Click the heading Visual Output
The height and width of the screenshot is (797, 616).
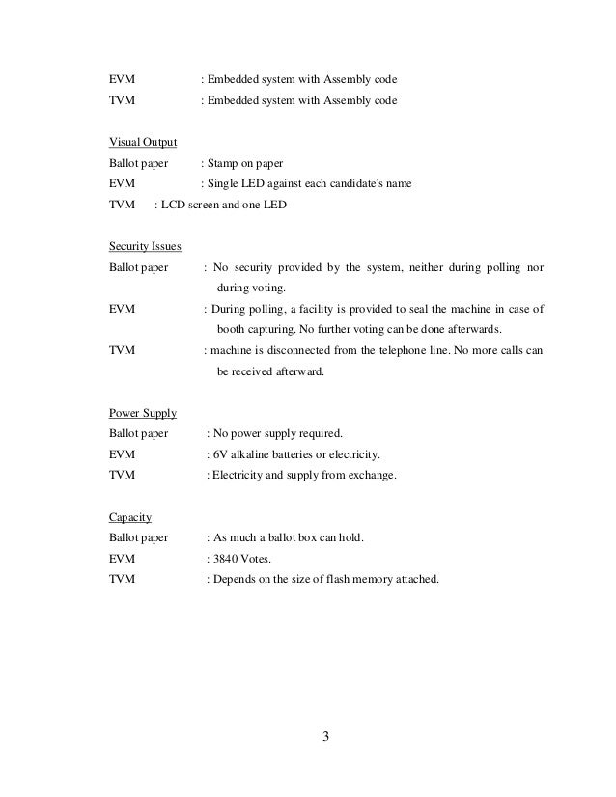point(143,143)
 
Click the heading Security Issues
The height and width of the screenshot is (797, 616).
point(146,245)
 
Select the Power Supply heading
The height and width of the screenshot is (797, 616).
point(143,413)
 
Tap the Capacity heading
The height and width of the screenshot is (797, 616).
point(130,516)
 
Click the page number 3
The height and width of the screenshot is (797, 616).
point(325,739)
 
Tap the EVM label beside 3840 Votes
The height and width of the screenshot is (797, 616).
point(123,559)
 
